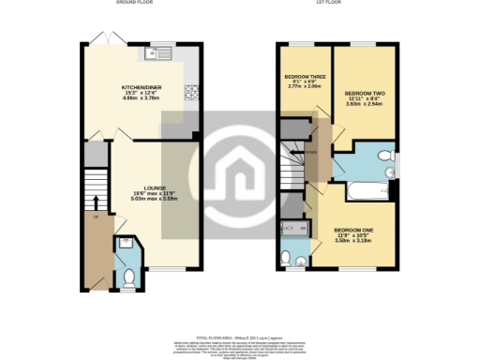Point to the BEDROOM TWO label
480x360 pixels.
[362, 95]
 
